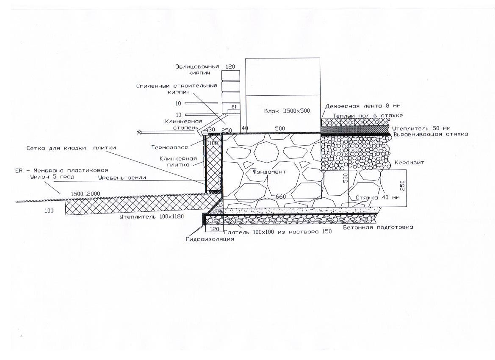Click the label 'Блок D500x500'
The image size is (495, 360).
point(287,111)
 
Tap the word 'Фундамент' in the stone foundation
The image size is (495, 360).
point(269,172)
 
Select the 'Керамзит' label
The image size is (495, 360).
point(409,162)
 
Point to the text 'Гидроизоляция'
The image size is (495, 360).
point(210,239)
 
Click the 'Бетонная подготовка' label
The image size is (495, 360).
point(378,227)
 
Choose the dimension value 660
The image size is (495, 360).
point(281,197)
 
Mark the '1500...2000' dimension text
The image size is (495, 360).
point(85,194)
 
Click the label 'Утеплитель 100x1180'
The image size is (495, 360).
point(152,216)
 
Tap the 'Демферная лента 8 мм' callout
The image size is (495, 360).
point(363,106)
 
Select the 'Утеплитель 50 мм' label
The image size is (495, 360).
point(421,128)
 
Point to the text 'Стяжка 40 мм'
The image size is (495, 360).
point(378,198)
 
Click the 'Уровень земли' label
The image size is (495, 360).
point(122,177)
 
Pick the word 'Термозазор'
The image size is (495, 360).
point(169,147)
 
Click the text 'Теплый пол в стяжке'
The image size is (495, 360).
point(368,116)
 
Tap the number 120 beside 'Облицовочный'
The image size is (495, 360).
point(230,66)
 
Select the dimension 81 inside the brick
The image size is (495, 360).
point(234,107)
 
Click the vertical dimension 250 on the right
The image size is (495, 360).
point(402,186)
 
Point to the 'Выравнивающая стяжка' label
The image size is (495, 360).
point(431,134)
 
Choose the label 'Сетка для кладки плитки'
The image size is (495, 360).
point(71,147)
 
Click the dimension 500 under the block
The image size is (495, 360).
point(280,128)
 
